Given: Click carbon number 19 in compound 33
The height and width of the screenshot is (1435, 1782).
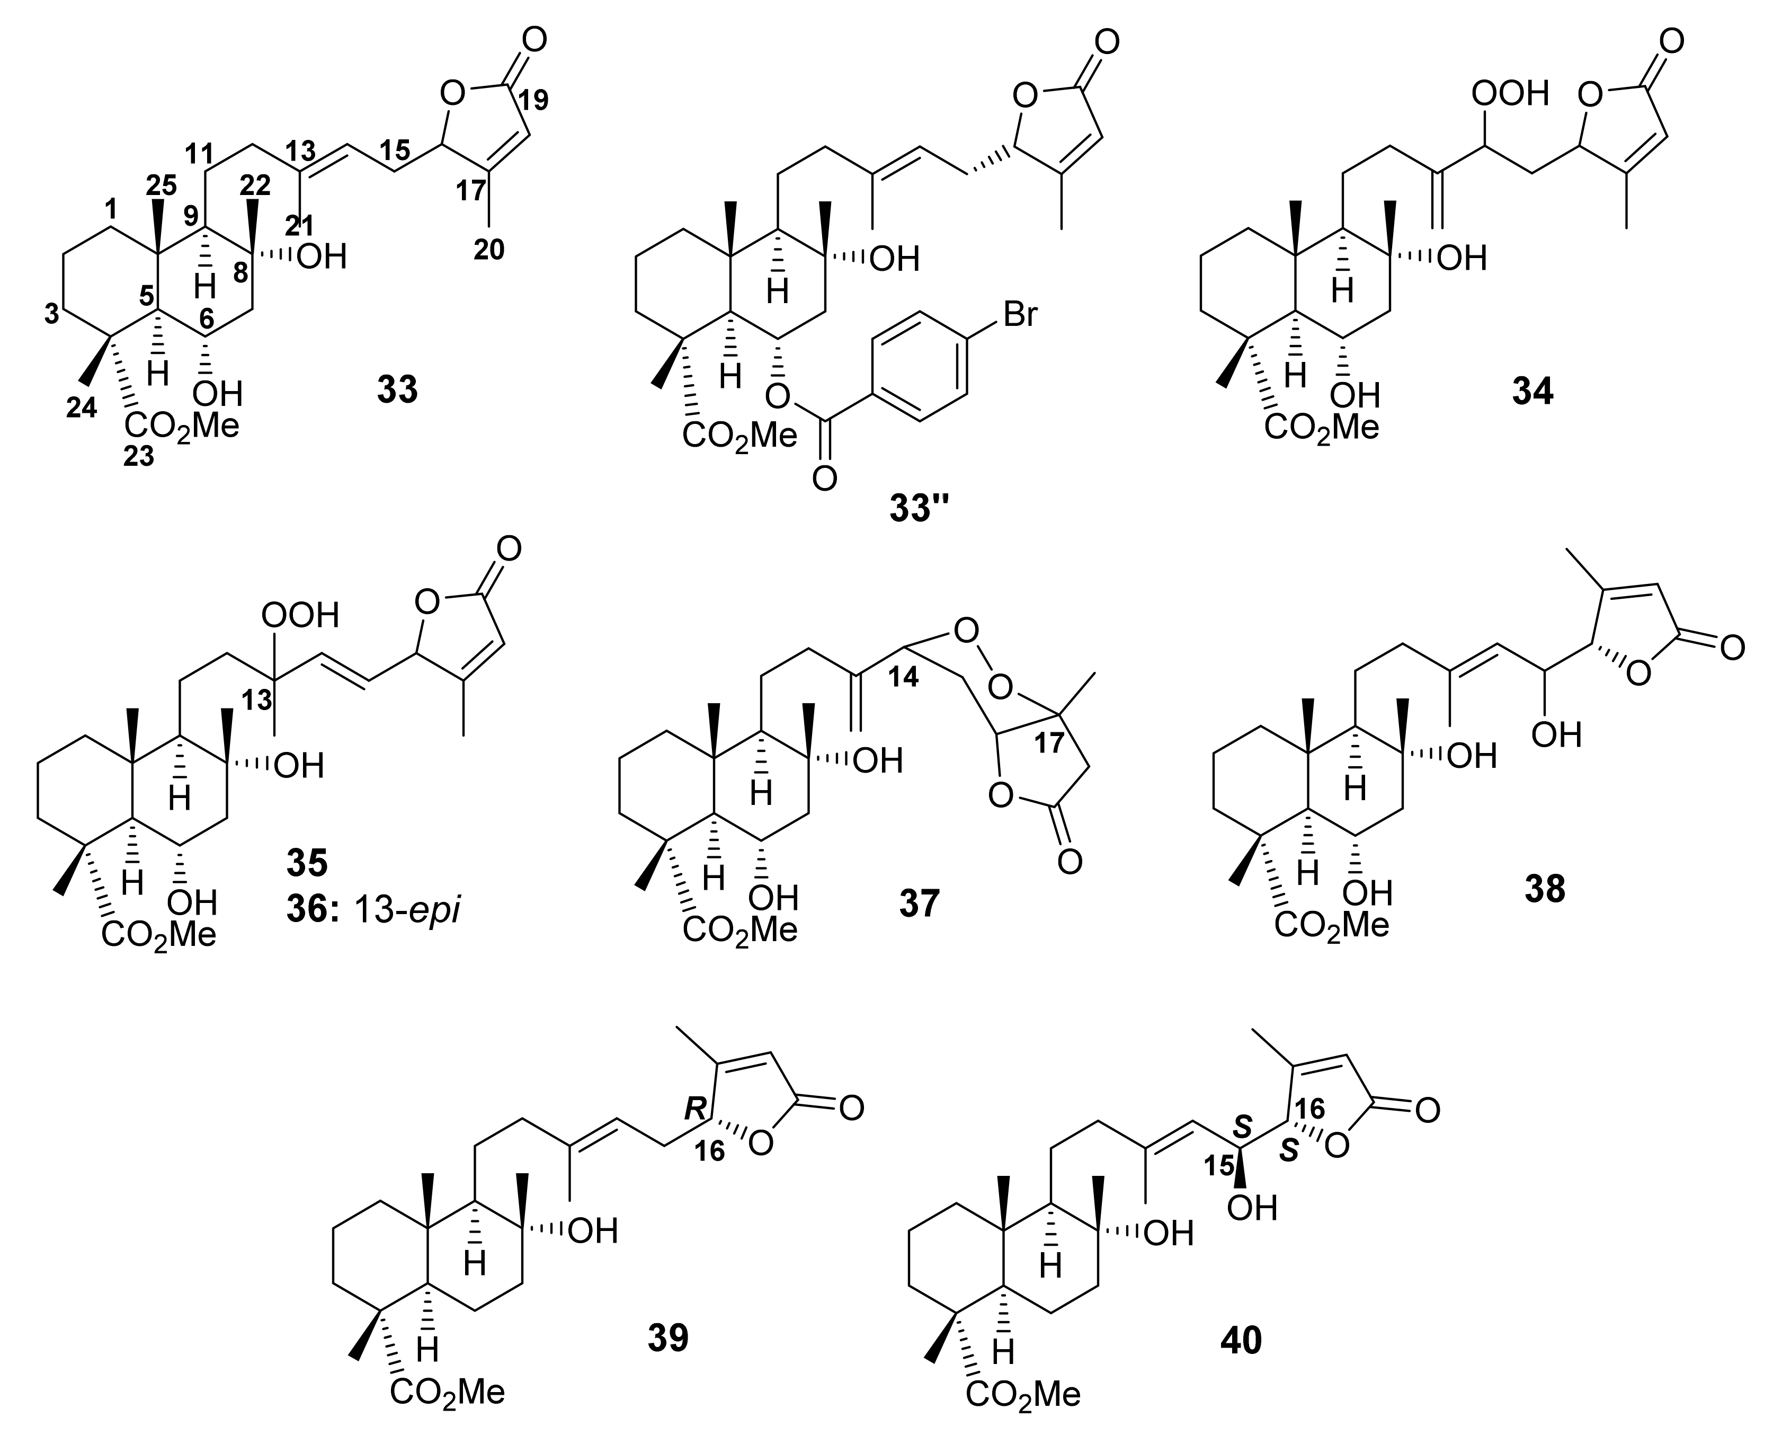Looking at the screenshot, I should tap(532, 100).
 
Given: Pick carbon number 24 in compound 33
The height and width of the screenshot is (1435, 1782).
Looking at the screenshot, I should tap(81, 406).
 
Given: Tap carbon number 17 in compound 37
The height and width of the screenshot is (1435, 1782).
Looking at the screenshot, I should tap(1050, 743).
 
